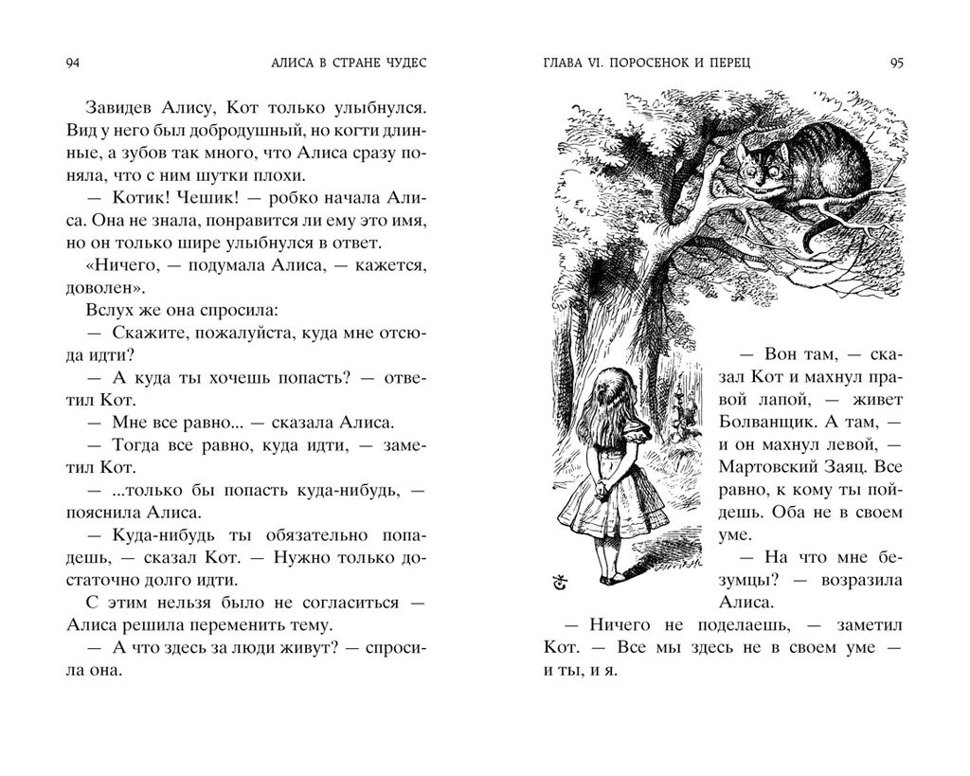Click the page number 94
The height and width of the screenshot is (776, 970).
(x=72, y=63)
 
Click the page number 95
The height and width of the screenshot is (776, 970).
(x=897, y=63)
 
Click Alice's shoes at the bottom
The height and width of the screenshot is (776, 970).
(x=610, y=575)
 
